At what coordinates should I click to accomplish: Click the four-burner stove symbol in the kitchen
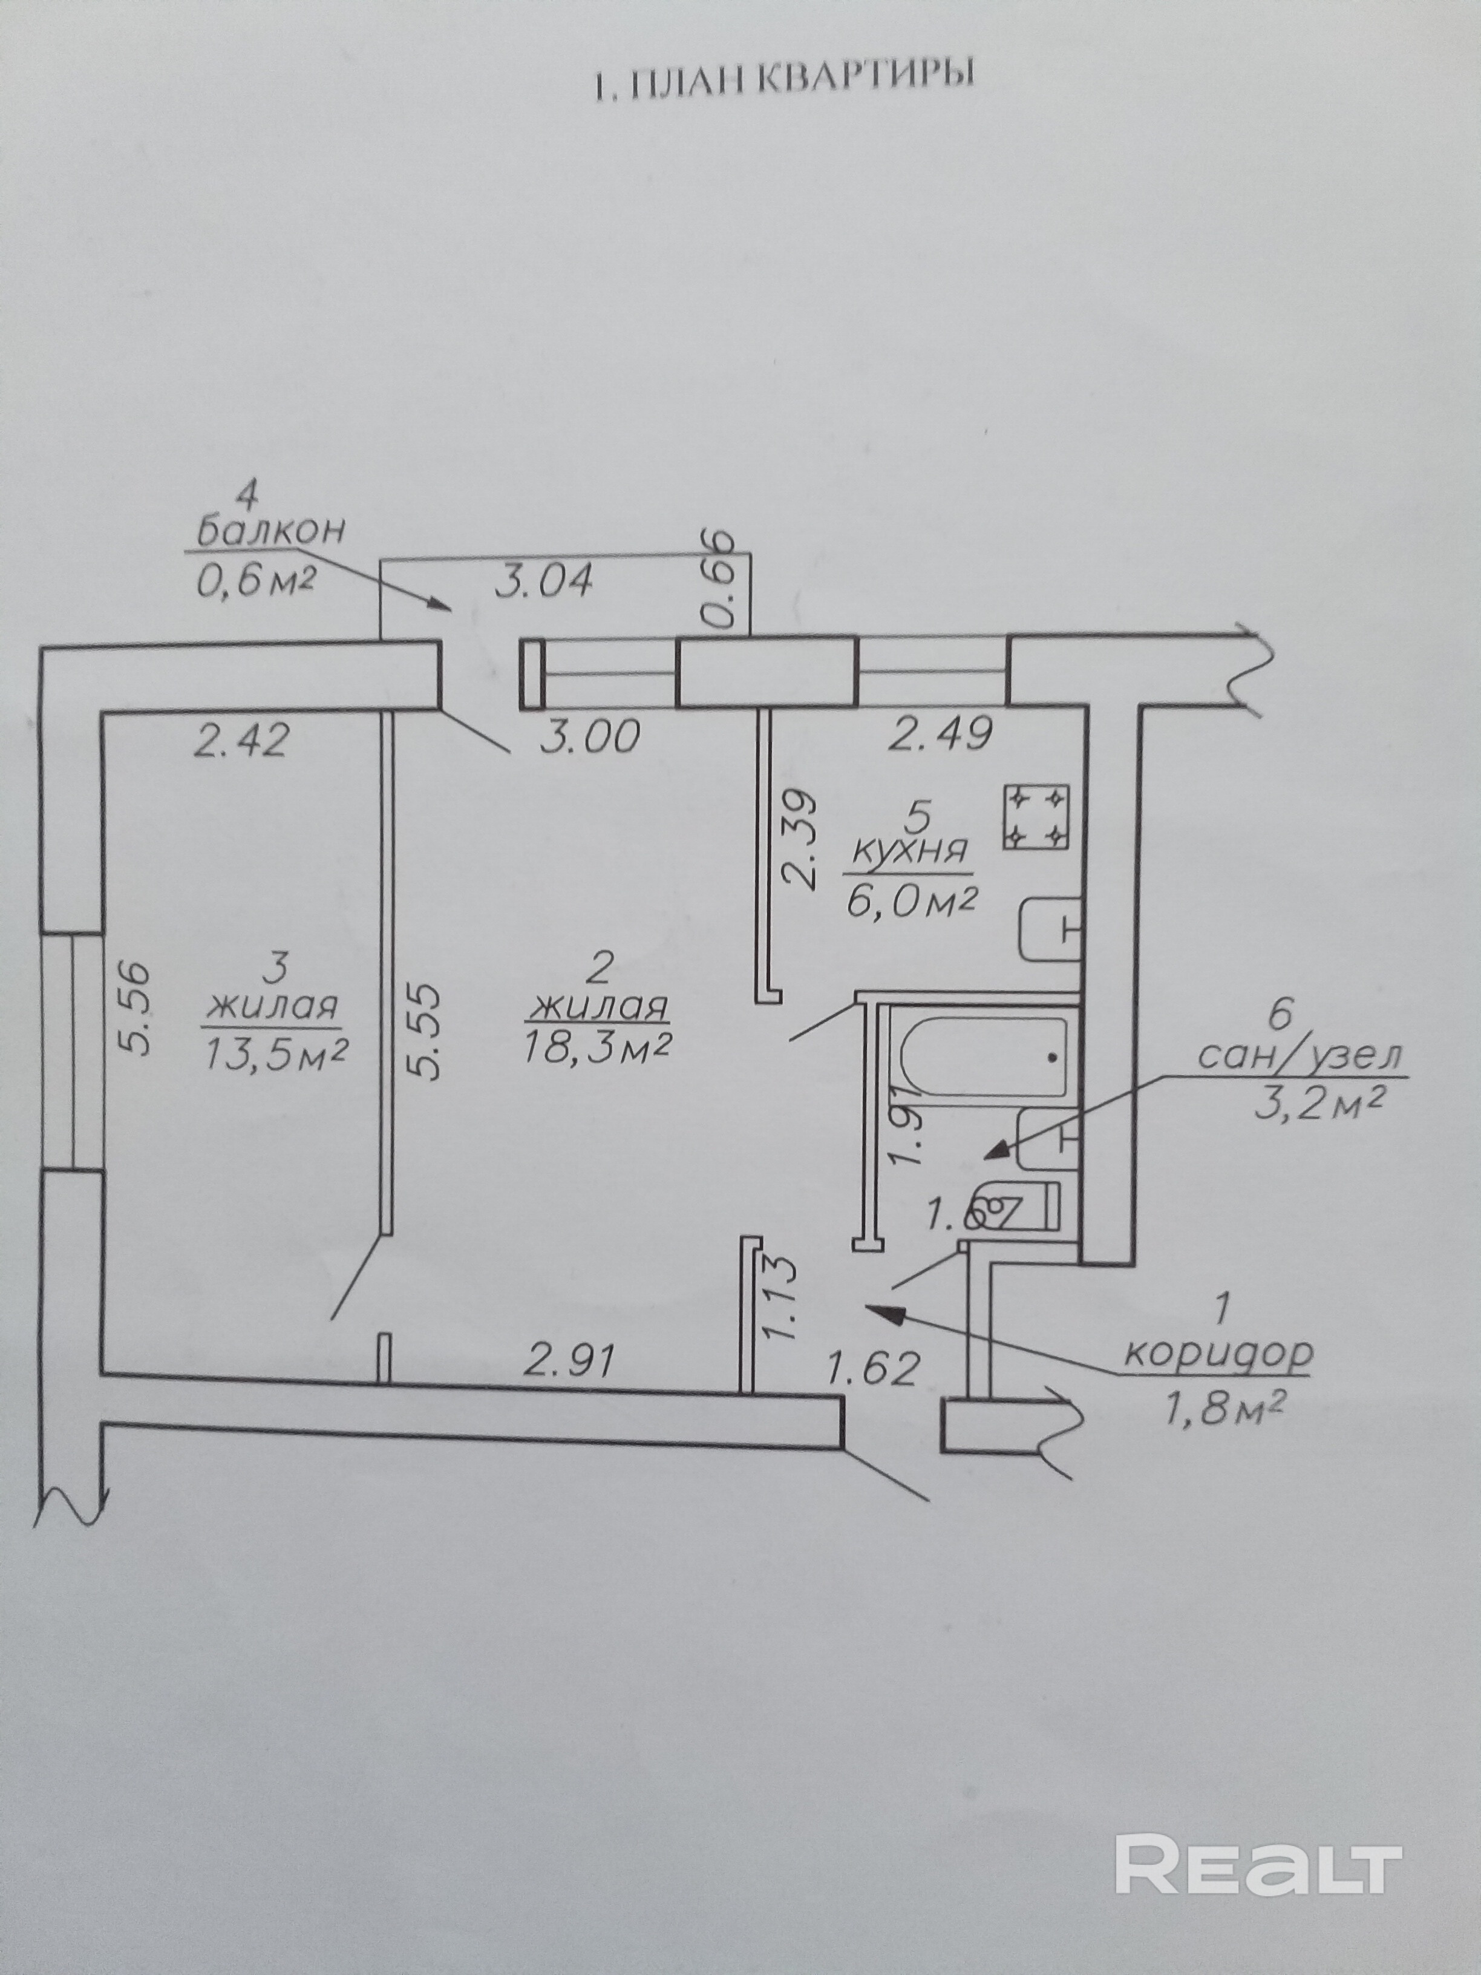[x=1036, y=815]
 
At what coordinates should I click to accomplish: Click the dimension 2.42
[x=240, y=740]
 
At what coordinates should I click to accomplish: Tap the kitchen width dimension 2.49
[x=941, y=734]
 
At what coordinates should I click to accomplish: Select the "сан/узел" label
[x=1299, y=1056]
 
